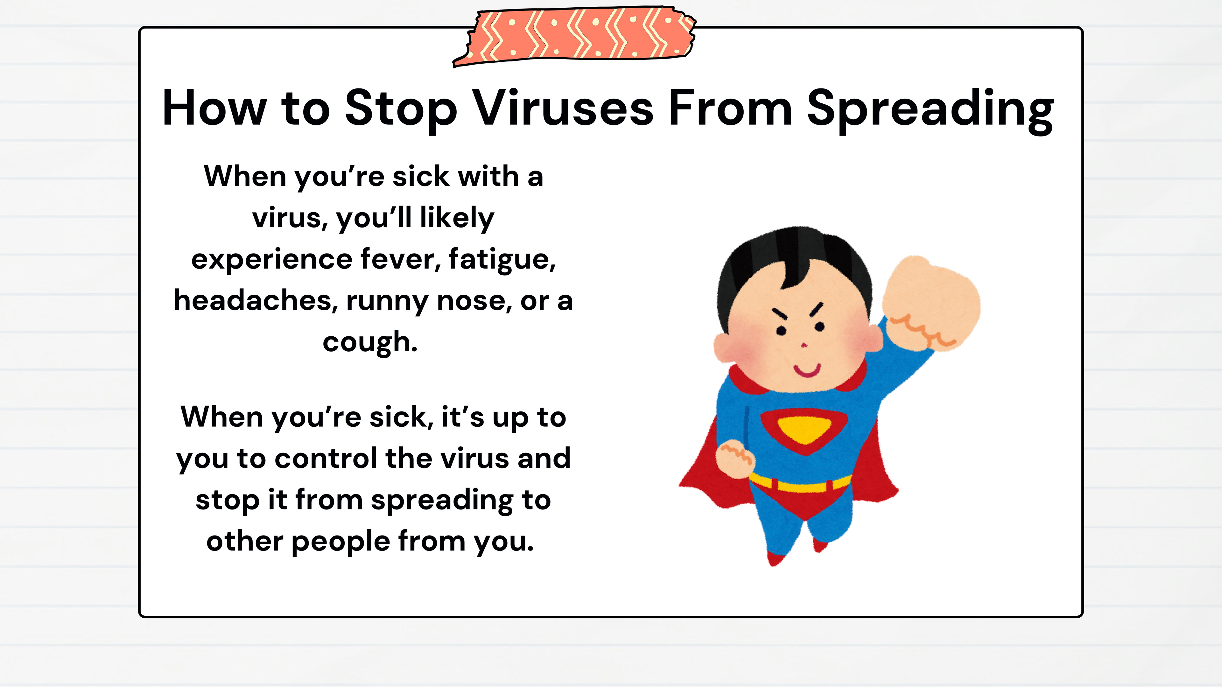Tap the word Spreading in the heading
pyautogui.click(x=930, y=110)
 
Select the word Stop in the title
pyautogui.click(x=401, y=110)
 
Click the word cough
pyautogui.click(x=370, y=343)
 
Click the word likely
pyautogui.click(x=457, y=218)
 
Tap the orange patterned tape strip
pyautogui.click(x=574, y=37)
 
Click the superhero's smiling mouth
pyautogui.click(x=807, y=370)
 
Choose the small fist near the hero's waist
pyautogui.click(x=734, y=458)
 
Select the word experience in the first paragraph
pyautogui.click(x=271, y=260)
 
